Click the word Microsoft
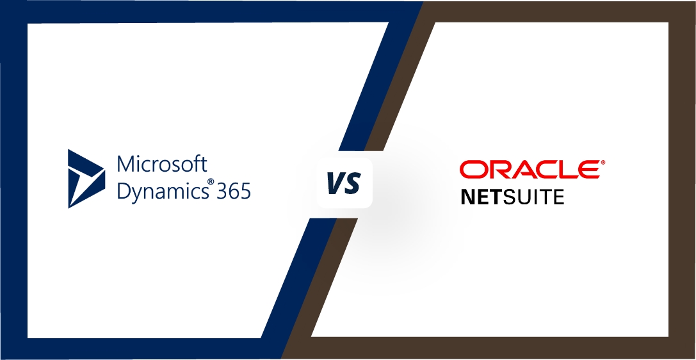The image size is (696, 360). tap(162, 164)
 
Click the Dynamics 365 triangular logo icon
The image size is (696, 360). tap(86, 179)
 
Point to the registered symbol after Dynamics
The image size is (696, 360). tap(211, 182)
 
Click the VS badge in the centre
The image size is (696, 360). tap(344, 183)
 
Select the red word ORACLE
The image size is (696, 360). tap(530, 170)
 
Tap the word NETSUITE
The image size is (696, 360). tap(513, 197)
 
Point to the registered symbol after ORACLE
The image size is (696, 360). tap(603, 163)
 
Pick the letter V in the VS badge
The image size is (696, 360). tap(335, 183)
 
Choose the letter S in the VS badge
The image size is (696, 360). tap(352, 183)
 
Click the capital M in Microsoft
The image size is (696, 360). tap(125, 164)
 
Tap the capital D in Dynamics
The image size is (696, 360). tap(124, 190)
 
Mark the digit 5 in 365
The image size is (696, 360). tap(246, 191)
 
